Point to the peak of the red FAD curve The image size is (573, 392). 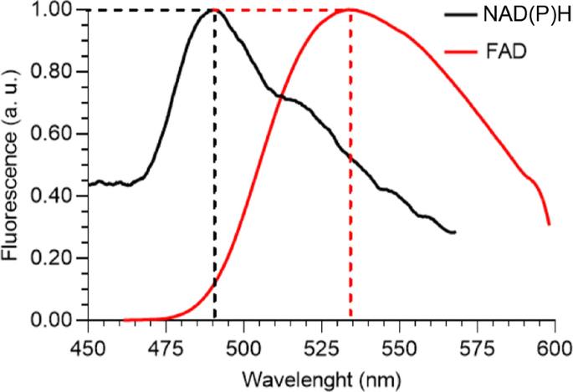click(x=350, y=10)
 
